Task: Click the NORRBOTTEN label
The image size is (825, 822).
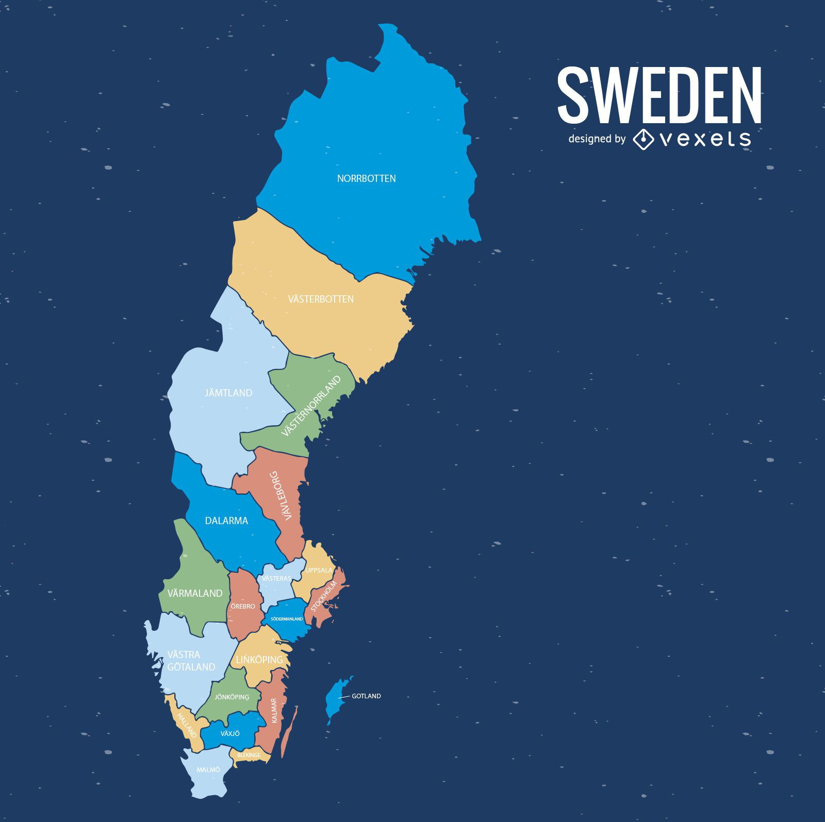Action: pyautogui.click(x=366, y=179)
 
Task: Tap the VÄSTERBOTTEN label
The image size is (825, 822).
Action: pyautogui.click(x=321, y=299)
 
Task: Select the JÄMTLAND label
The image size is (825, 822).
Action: pyautogui.click(x=228, y=393)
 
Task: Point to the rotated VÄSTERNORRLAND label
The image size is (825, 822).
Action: pyautogui.click(x=311, y=406)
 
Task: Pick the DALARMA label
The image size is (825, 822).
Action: pyautogui.click(x=226, y=521)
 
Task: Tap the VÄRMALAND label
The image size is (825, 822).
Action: pyautogui.click(x=195, y=593)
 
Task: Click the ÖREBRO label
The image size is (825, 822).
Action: pyautogui.click(x=243, y=606)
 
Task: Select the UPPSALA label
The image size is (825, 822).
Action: pyautogui.click(x=319, y=570)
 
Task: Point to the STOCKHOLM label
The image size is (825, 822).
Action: pyautogui.click(x=324, y=596)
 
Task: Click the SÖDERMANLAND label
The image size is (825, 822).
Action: pyautogui.click(x=287, y=618)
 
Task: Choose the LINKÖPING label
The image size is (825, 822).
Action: pyautogui.click(x=259, y=660)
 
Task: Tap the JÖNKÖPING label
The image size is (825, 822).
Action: pyautogui.click(x=232, y=697)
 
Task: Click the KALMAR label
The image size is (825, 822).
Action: pyautogui.click(x=274, y=710)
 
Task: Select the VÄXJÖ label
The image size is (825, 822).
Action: pyautogui.click(x=230, y=733)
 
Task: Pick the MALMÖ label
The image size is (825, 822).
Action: pyautogui.click(x=208, y=769)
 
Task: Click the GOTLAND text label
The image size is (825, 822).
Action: pyautogui.click(x=366, y=696)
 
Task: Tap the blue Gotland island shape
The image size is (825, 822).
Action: pyautogui.click(x=336, y=698)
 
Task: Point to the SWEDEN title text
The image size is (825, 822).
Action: pyautogui.click(x=659, y=95)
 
